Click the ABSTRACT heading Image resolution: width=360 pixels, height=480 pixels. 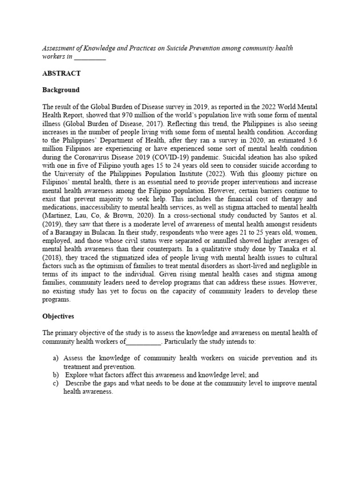tap(61, 74)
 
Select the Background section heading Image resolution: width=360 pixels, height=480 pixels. tap(61, 90)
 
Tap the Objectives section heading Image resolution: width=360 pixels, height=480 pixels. tap(59, 316)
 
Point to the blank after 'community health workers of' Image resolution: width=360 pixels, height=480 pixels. tap(143, 341)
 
